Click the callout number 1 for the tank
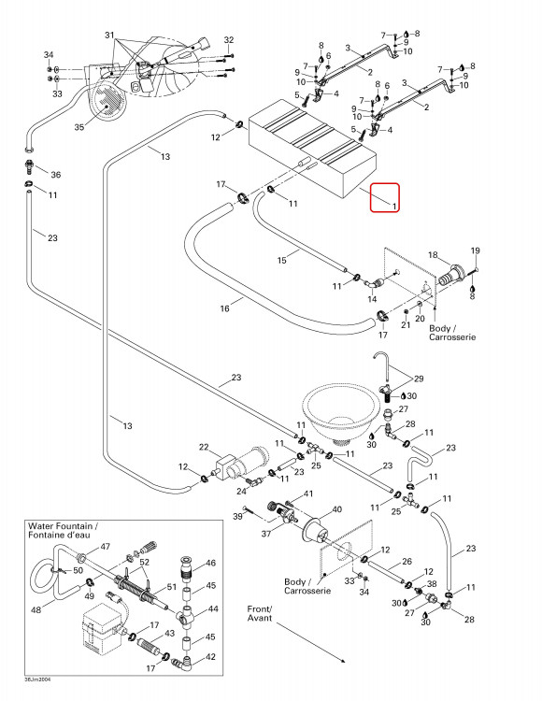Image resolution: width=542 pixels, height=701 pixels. (x=394, y=207)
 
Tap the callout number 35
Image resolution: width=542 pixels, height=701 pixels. (x=79, y=127)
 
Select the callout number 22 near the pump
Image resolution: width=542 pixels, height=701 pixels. (x=204, y=447)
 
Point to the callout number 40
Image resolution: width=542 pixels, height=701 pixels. (x=336, y=509)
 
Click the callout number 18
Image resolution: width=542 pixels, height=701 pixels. (x=433, y=255)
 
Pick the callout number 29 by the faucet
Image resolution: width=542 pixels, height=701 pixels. (x=419, y=379)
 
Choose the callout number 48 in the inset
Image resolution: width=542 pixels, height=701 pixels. (x=36, y=609)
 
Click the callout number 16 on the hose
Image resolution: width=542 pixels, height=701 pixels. (x=225, y=308)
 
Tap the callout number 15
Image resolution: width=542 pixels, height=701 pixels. (x=281, y=260)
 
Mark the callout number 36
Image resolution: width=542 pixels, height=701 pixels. (x=56, y=175)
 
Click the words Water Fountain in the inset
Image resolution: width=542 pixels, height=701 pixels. (x=60, y=526)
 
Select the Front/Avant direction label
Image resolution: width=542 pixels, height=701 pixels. (x=260, y=613)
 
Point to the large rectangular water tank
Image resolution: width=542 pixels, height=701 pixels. (x=313, y=149)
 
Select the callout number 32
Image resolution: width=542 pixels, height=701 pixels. (x=229, y=40)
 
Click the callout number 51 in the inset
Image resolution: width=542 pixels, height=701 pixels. (x=172, y=587)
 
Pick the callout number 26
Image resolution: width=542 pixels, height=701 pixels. (x=406, y=561)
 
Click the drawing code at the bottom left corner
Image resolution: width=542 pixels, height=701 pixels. (x=37, y=679)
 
